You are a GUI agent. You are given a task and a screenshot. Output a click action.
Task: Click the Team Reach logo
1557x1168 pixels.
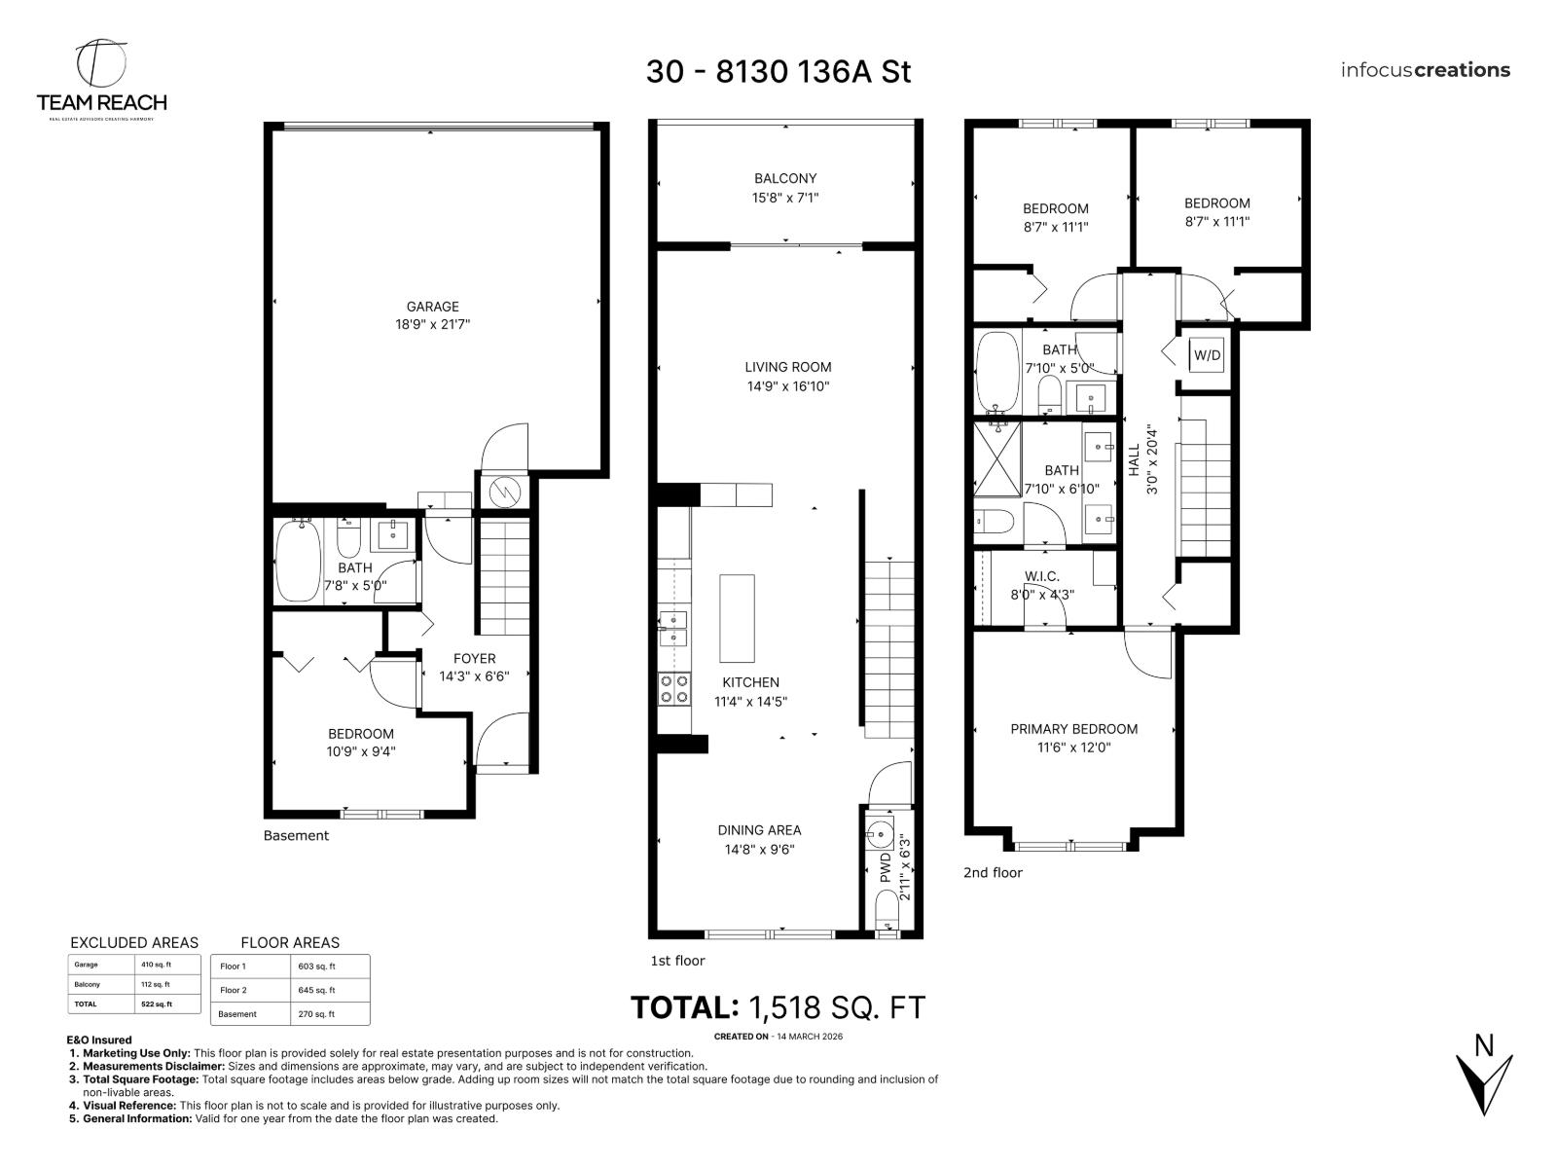click(x=101, y=78)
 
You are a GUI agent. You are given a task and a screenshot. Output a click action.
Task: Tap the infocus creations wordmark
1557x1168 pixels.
click(x=1425, y=70)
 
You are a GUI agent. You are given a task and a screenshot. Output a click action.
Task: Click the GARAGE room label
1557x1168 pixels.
click(x=432, y=307)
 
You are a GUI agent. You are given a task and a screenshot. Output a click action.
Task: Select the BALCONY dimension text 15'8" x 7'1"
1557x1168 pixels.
click(x=785, y=198)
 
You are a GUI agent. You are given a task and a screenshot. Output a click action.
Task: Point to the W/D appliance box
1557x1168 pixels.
click(x=1207, y=356)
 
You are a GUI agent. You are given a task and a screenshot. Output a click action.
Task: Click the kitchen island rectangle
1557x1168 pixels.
click(x=737, y=618)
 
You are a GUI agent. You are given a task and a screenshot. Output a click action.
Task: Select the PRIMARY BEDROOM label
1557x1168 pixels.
click(x=1073, y=729)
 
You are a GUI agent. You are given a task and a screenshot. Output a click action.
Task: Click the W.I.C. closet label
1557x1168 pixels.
click(x=1041, y=576)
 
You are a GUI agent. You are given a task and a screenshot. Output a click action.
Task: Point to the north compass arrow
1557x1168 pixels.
click(x=1483, y=1080)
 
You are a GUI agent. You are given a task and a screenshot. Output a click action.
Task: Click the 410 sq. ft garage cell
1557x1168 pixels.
click(x=156, y=965)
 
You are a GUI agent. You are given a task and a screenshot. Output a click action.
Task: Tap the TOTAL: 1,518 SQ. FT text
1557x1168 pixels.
click(x=778, y=1007)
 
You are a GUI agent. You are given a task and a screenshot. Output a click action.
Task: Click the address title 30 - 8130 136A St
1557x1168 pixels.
click(x=778, y=72)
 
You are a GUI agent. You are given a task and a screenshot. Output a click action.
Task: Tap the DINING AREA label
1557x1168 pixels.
click(x=759, y=830)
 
